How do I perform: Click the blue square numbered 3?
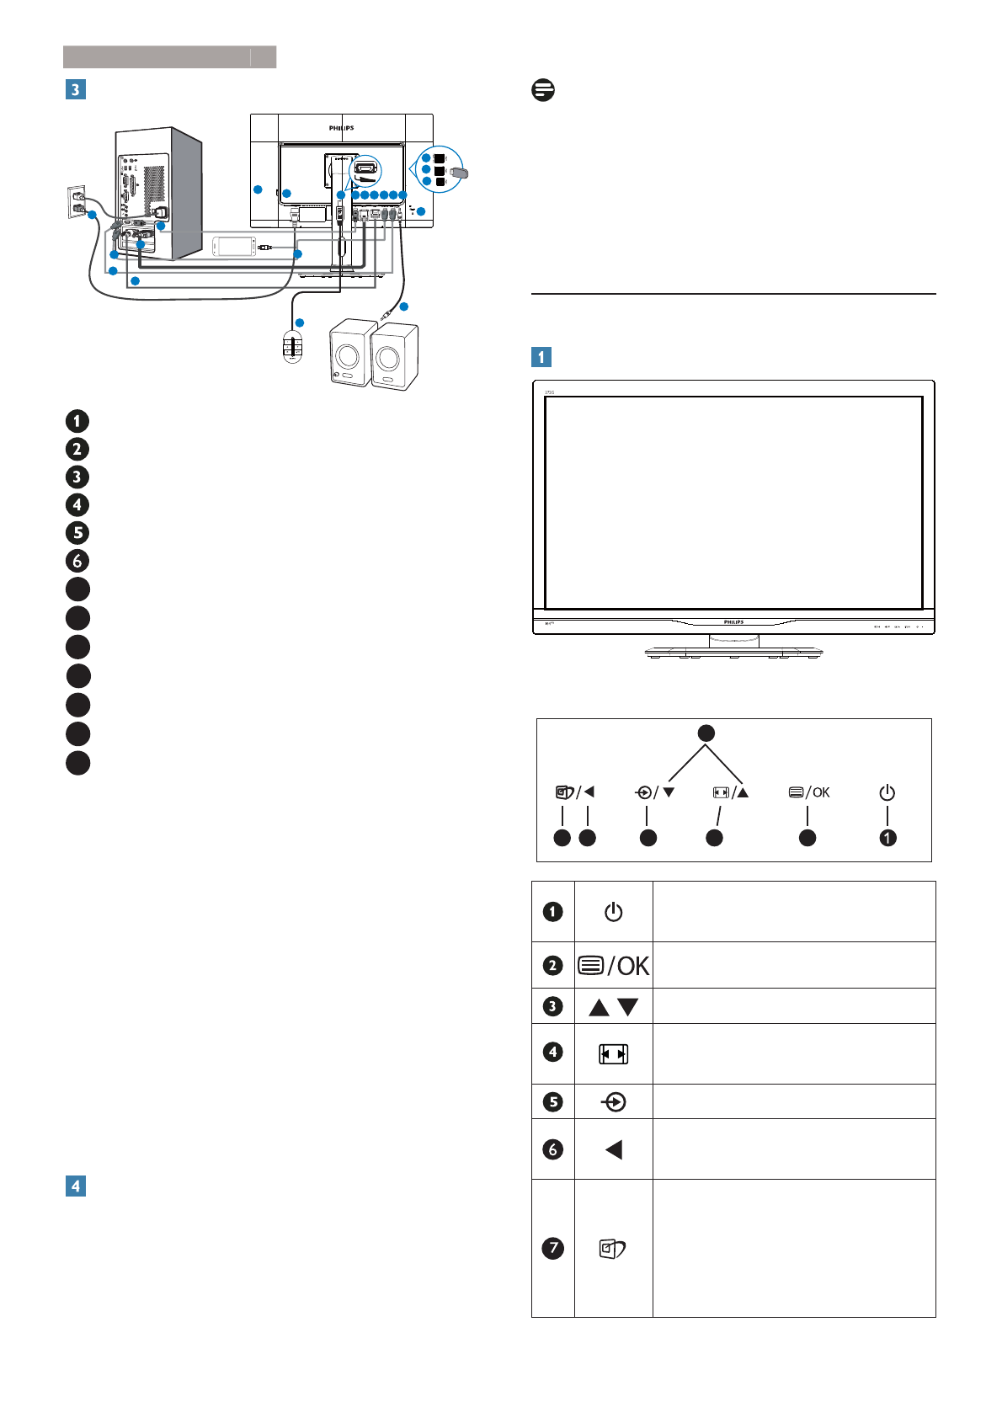coord(76,89)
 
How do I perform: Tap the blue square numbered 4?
coord(76,1186)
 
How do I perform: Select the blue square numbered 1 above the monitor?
coord(541,356)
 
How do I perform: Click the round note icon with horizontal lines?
coord(543,90)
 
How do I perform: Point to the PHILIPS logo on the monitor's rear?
coord(341,128)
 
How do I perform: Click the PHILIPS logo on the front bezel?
coord(733,622)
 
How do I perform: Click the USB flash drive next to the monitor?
coord(459,173)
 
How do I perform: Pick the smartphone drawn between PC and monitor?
coord(234,247)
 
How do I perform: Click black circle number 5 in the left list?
coord(77,532)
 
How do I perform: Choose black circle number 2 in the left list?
coord(77,449)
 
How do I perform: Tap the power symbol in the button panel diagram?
coord(887,792)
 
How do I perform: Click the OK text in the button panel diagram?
coord(820,792)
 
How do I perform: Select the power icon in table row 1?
coord(613,912)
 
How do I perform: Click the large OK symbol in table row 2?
coord(632,966)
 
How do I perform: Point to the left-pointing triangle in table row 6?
coord(614,1149)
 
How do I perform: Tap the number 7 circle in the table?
coord(552,1248)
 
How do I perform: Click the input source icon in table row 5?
coord(614,1102)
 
